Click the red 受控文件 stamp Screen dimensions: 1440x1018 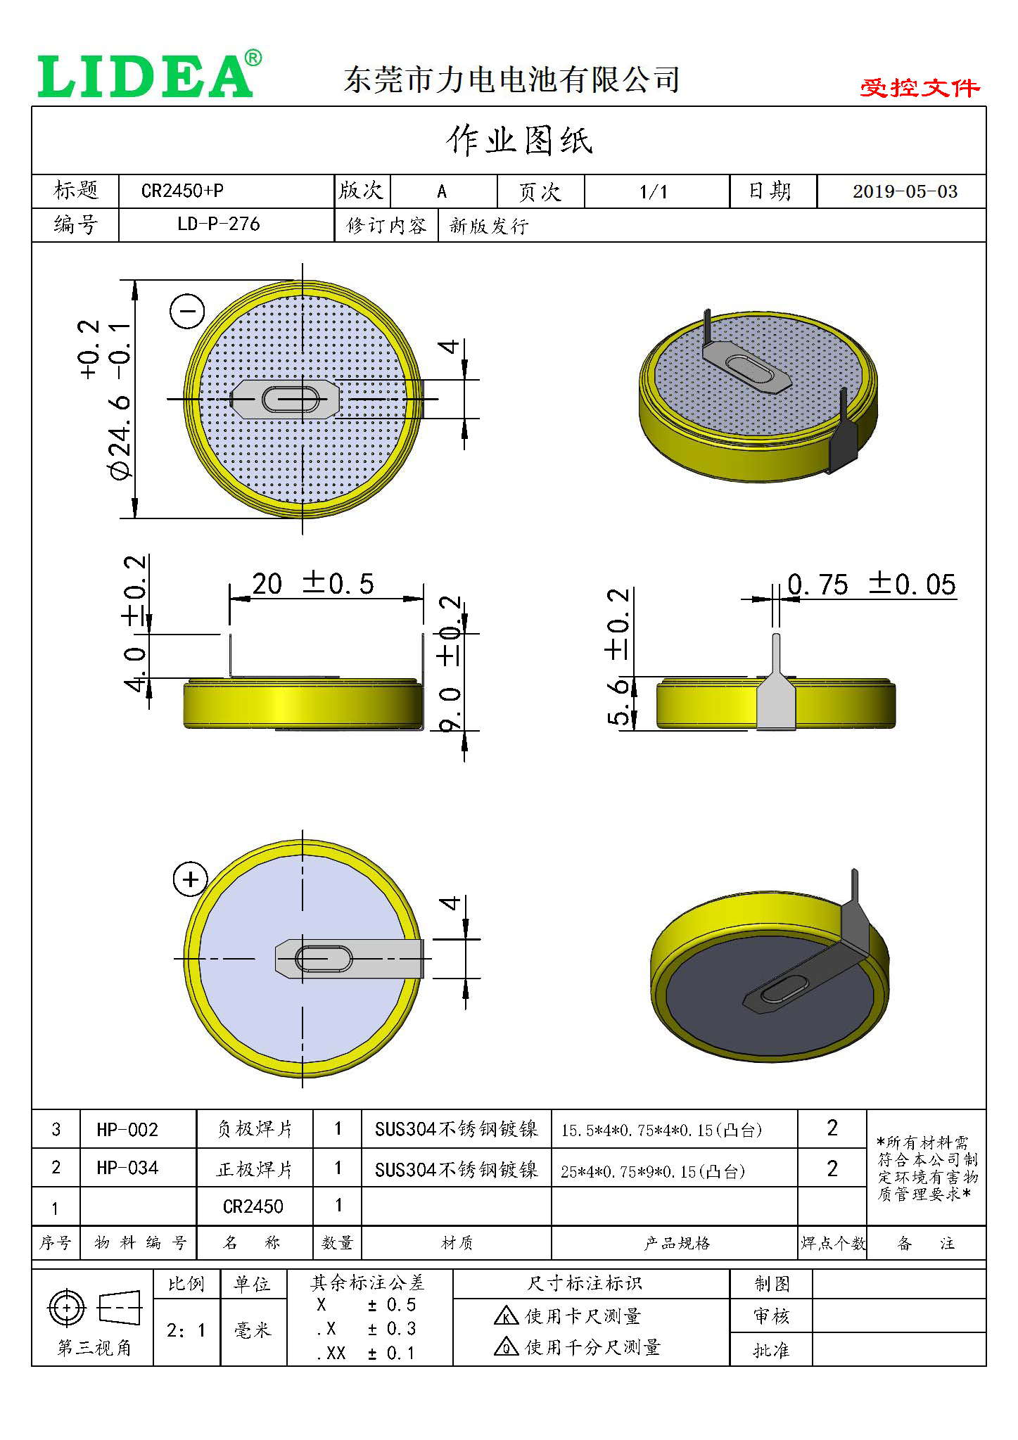[919, 88]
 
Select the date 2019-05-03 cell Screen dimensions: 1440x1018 [905, 191]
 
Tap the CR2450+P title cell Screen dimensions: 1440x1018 [183, 191]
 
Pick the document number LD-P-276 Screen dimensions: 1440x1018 [218, 224]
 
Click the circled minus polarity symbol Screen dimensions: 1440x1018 [188, 311]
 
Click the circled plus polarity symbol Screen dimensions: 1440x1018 [191, 879]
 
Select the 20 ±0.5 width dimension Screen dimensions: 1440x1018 [312, 584]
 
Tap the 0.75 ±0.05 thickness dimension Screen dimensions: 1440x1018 [871, 585]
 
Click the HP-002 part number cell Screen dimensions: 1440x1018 [127, 1130]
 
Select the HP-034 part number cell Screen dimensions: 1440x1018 [127, 1168]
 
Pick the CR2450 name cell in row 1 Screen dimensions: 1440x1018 [253, 1206]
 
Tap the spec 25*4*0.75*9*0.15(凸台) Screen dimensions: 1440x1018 [652, 1171]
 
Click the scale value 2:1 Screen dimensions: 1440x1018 [186, 1330]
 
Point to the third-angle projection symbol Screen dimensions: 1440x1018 [94, 1309]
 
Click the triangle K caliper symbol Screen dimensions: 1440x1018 [506, 1315]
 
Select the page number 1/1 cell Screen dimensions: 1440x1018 [654, 191]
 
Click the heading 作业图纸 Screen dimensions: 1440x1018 [519, 140]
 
